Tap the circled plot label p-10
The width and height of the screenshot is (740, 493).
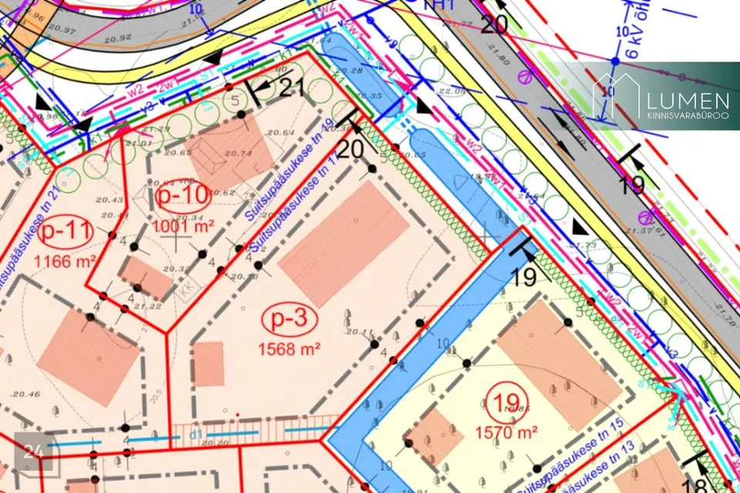click(x=183, y=196)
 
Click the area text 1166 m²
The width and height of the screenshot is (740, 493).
click(x=65, y=260)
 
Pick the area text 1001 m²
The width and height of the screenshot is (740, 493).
click(x=183, y=226)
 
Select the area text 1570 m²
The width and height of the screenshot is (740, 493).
click(x=505, y=431)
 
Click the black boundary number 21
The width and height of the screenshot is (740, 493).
click(x=291, y=89)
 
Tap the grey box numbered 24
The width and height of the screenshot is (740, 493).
click(x=32, y=451)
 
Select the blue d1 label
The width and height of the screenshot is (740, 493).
click(x=196, y=435)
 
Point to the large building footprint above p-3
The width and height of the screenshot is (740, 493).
click(x=343, y=234)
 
